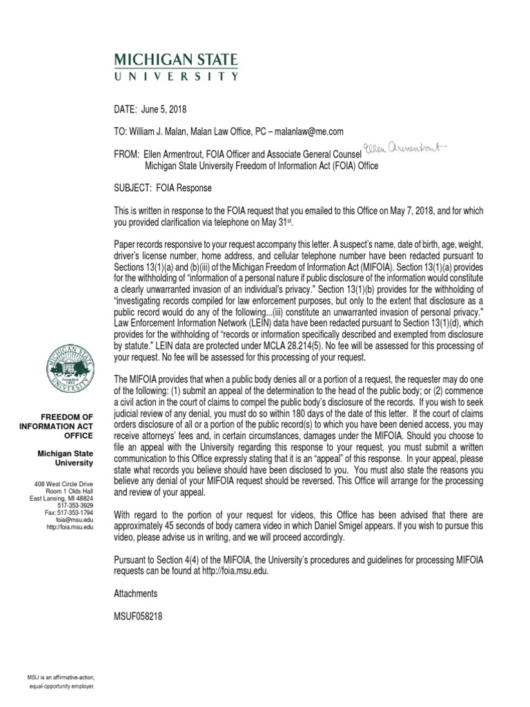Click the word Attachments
[x=135, y=593]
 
